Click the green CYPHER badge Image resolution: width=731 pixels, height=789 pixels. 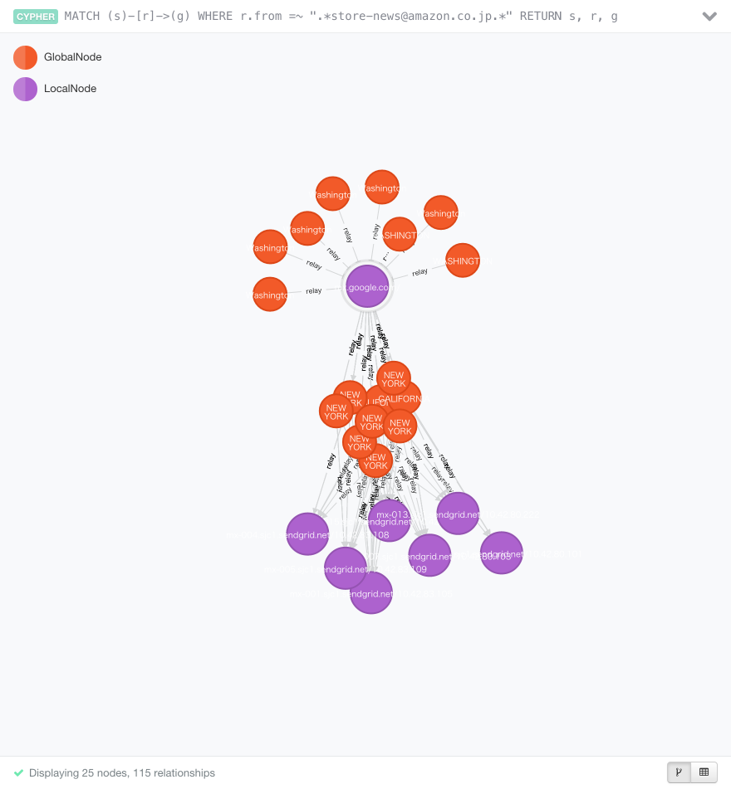(36, 17)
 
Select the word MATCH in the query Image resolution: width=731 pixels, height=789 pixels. (82, 17)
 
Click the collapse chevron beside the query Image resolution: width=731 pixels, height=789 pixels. (709, 17)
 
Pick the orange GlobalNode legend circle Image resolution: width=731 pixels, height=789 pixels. (25, 57)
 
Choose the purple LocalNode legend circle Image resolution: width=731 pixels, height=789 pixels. (25, 89)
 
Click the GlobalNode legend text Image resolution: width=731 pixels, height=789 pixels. (73, 57)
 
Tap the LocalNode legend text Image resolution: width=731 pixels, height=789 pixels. (71, 89)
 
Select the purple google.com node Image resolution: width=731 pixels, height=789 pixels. (367, 287)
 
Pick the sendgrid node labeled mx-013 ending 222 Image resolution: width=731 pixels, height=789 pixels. (458, 514)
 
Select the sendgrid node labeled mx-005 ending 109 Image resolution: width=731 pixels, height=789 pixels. (429, 555)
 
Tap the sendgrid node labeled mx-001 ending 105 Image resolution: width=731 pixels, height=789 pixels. (501, 553)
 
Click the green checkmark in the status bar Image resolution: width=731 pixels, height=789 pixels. (18, 772)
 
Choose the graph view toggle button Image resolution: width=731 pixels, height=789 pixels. (679, 772)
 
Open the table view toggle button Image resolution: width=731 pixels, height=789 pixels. (704, 772)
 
